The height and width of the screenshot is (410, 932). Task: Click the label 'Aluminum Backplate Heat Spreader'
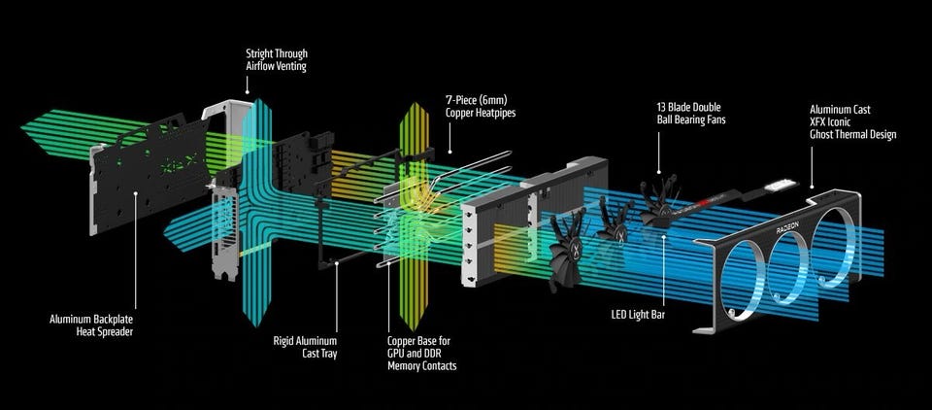[x=91, y=325]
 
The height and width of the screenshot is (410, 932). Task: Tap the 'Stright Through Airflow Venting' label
[x=277, y=60]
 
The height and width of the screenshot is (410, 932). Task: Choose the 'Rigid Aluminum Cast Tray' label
[x=305, y=347]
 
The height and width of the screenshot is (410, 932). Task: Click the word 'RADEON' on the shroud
[x=787, y=228]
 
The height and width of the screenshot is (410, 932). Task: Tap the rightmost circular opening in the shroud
[x=839, y=245]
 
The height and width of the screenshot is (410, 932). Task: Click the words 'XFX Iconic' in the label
[x=836, y=122]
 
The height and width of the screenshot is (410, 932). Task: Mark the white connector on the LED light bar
[x=781, y=186]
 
